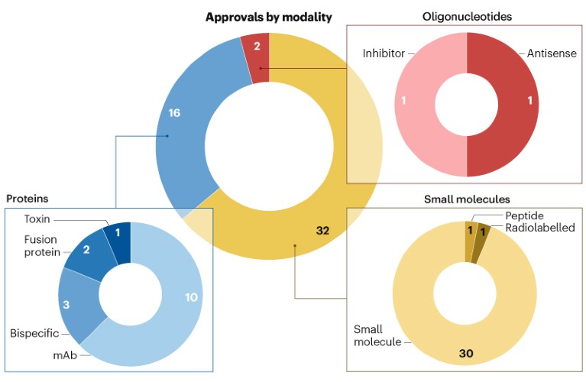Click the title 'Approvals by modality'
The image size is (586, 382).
[268, 17]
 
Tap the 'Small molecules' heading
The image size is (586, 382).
[466, 199]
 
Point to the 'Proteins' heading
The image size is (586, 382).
[28, 199]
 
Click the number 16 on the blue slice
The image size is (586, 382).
[174, 113]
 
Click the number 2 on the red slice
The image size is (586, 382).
[257, 46]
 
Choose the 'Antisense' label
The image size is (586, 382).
[552, 53]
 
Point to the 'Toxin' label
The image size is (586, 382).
[37, 219]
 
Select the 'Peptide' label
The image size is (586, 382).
[526, 217]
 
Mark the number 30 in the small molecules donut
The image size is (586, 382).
[466, 352]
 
